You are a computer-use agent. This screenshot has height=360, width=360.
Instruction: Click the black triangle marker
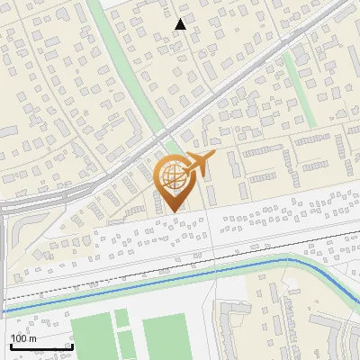[x=181, y=24]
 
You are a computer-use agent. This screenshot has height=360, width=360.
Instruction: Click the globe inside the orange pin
[x=171, y=175]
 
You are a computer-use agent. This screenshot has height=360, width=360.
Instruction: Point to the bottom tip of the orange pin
[x=171, y=211]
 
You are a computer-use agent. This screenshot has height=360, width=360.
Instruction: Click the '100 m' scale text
[x=23, y=338]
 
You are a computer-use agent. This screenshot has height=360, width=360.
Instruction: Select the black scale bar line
[x=40, y=346]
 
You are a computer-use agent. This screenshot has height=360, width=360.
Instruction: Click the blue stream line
[x=135, y=278]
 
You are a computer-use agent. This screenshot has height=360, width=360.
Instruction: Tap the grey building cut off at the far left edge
[x=4, y=131]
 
